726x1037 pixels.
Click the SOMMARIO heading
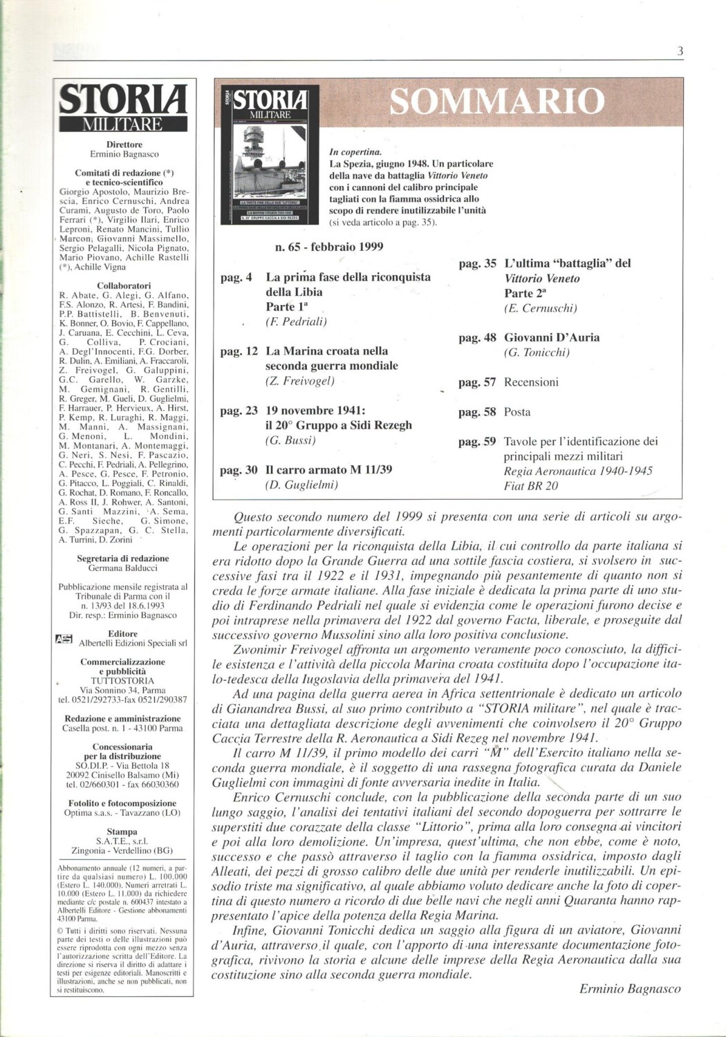[497, 102]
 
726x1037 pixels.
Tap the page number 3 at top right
[680, 50]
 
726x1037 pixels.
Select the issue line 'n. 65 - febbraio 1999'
[329, 247]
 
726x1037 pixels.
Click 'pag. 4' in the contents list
[236, 277]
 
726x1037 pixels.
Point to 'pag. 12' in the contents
[239, 351]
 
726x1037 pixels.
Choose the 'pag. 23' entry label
[239, 411]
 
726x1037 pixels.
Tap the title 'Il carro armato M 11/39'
[328, 469]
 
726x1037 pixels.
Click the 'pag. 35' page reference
[477, 263]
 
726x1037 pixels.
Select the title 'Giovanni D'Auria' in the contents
[552, 337]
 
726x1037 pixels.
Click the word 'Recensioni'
[531, 382]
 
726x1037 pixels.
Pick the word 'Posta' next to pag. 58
[517, 412]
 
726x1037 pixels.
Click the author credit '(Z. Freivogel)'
[299, 381]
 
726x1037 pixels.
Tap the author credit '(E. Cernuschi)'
[540, 308]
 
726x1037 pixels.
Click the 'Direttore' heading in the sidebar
[124, 144]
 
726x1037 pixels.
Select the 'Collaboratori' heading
[124, 285]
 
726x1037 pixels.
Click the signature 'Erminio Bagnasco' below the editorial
[630, 989]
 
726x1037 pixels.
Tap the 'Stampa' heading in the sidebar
[122, 832]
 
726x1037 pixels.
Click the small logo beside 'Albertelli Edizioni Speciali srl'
[64, 639]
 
